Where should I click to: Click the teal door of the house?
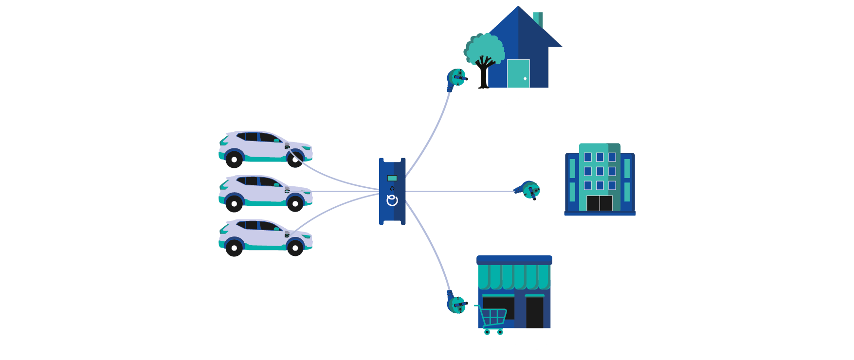coord(518,73)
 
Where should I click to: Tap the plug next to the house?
coord(456,78)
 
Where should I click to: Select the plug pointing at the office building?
coord(528,190)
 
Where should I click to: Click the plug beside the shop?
coord(456,304)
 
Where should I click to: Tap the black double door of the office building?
coord(599,203)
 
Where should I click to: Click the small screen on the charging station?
coord(392,178)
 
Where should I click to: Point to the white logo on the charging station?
coord(392,200)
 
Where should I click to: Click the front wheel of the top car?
coord(295,160)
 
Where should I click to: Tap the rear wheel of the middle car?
coord(234,204)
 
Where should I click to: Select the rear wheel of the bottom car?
coord(234,248)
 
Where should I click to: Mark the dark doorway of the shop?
coord(534,312)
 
